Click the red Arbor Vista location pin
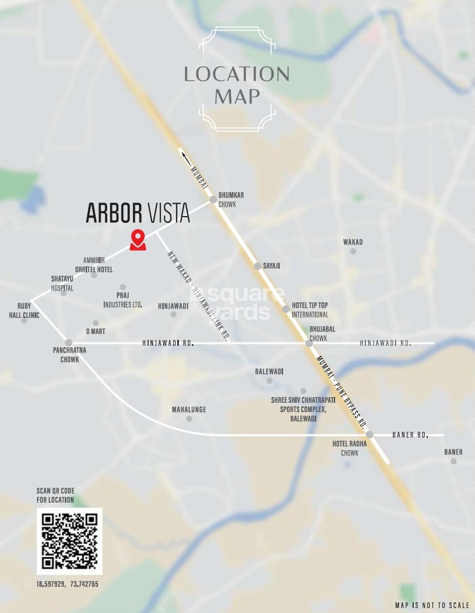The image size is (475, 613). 138,239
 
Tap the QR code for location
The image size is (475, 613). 70,541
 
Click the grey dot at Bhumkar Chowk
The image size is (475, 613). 213,199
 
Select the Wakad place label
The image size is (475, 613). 353,242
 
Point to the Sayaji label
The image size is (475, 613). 271,266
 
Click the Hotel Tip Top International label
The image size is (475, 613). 310,310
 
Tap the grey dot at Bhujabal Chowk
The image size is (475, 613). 309,343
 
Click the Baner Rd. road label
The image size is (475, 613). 410,435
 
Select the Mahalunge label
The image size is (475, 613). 189,410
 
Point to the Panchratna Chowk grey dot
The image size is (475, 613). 69,343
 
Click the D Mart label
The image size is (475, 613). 95,332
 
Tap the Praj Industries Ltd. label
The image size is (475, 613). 123,300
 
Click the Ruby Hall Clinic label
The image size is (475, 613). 24,310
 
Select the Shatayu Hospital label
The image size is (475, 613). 62,283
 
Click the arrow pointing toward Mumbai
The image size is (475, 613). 186,157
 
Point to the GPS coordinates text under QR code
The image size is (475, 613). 67,584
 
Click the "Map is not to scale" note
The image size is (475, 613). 432,605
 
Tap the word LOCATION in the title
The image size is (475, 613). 237,74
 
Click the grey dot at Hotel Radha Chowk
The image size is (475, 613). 369,435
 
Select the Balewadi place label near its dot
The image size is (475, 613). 269,372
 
